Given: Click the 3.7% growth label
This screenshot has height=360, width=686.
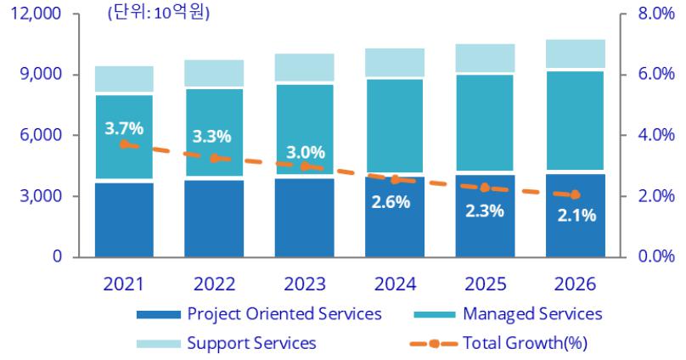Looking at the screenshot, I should point(124,129).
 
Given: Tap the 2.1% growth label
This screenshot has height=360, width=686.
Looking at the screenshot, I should point(577,216).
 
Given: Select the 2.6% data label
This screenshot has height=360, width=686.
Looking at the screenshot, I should point(391,202).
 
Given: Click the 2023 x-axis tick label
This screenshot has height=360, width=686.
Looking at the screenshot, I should point(305,283).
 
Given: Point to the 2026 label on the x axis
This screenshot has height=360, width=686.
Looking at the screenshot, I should point(576,283).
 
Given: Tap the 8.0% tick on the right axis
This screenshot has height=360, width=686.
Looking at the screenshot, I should point(652,14).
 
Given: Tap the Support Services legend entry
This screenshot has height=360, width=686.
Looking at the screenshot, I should point(250,343).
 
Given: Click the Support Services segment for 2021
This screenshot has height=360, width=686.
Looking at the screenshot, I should point(124,78).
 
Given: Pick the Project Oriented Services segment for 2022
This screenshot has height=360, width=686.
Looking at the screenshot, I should point(215,218).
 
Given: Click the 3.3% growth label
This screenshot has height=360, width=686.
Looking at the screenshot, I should point(215,136).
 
